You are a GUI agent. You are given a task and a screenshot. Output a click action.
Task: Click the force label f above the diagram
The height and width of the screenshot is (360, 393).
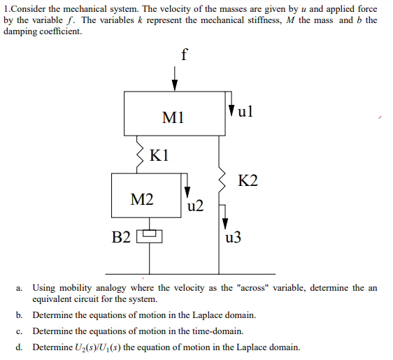[x=184, y=55]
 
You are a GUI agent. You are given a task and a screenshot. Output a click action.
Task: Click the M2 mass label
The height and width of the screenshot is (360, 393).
[x=142, y=200]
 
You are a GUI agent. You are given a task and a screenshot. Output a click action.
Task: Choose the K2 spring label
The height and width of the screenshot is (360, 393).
[x=248, y=182]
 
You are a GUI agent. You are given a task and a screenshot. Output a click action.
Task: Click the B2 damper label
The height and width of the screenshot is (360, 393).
[x=122, y=236]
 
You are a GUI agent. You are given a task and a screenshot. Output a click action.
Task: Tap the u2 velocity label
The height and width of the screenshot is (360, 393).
[x=196, y=206]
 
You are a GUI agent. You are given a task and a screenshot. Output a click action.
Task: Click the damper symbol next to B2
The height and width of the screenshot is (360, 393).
[x=149, y=236]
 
